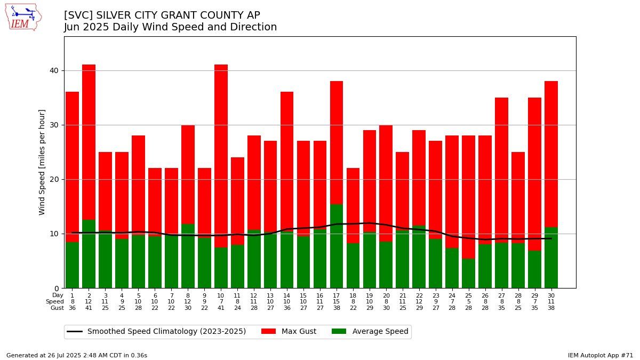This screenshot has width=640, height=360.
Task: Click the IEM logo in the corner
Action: click(23, 17)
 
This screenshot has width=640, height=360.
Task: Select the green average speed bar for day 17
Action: click(337, 246)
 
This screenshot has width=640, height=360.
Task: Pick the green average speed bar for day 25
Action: click(468, 273)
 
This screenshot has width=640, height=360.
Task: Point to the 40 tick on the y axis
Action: click(54, 70)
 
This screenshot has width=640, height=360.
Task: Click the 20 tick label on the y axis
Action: click(54, 179)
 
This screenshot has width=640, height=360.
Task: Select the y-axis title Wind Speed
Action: click(42, 162)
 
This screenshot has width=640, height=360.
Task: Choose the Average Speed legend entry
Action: click(370, 332)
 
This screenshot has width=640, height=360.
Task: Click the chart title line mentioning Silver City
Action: click(162, 15)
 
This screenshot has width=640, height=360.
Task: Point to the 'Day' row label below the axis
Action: click(58, 295)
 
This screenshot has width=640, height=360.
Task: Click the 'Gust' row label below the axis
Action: click(57, 308)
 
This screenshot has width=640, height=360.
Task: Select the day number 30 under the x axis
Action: click(551, 295)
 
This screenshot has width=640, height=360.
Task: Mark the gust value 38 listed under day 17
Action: click(337, 308)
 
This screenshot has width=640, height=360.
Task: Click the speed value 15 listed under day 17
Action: click(337, 301)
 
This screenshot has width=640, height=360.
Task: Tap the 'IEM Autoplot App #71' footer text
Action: click(600, 355)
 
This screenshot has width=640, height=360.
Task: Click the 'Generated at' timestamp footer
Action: click(77, 355)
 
